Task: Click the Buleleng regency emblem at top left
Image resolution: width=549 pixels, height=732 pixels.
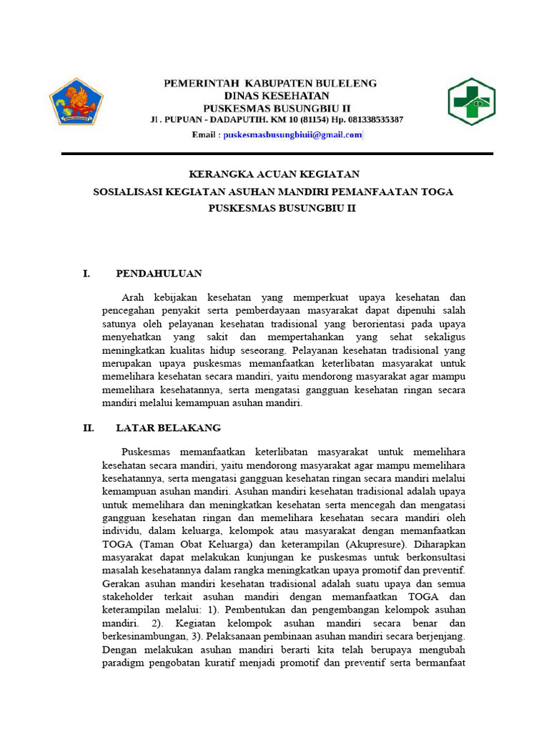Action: pos(76,102)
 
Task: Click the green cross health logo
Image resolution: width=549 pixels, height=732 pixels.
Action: pos(471,102)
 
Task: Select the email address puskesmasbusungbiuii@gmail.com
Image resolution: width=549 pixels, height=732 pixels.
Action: pos(293,135)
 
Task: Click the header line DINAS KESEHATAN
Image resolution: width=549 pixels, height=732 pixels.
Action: pos(277,95)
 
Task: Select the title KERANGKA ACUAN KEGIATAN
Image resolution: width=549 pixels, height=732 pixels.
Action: pos(274,174)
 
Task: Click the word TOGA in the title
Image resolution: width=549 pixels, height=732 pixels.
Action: pos(437,192)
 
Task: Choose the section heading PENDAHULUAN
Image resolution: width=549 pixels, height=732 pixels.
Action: pos(159,273)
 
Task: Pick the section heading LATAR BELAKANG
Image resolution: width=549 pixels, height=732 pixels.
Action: pos(169,427)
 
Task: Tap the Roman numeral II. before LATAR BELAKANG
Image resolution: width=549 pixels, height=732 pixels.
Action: pos(89,427)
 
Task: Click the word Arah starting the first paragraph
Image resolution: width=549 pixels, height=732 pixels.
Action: pos(133,296)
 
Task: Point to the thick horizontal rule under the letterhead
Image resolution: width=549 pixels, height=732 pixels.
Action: pos(277,154)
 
